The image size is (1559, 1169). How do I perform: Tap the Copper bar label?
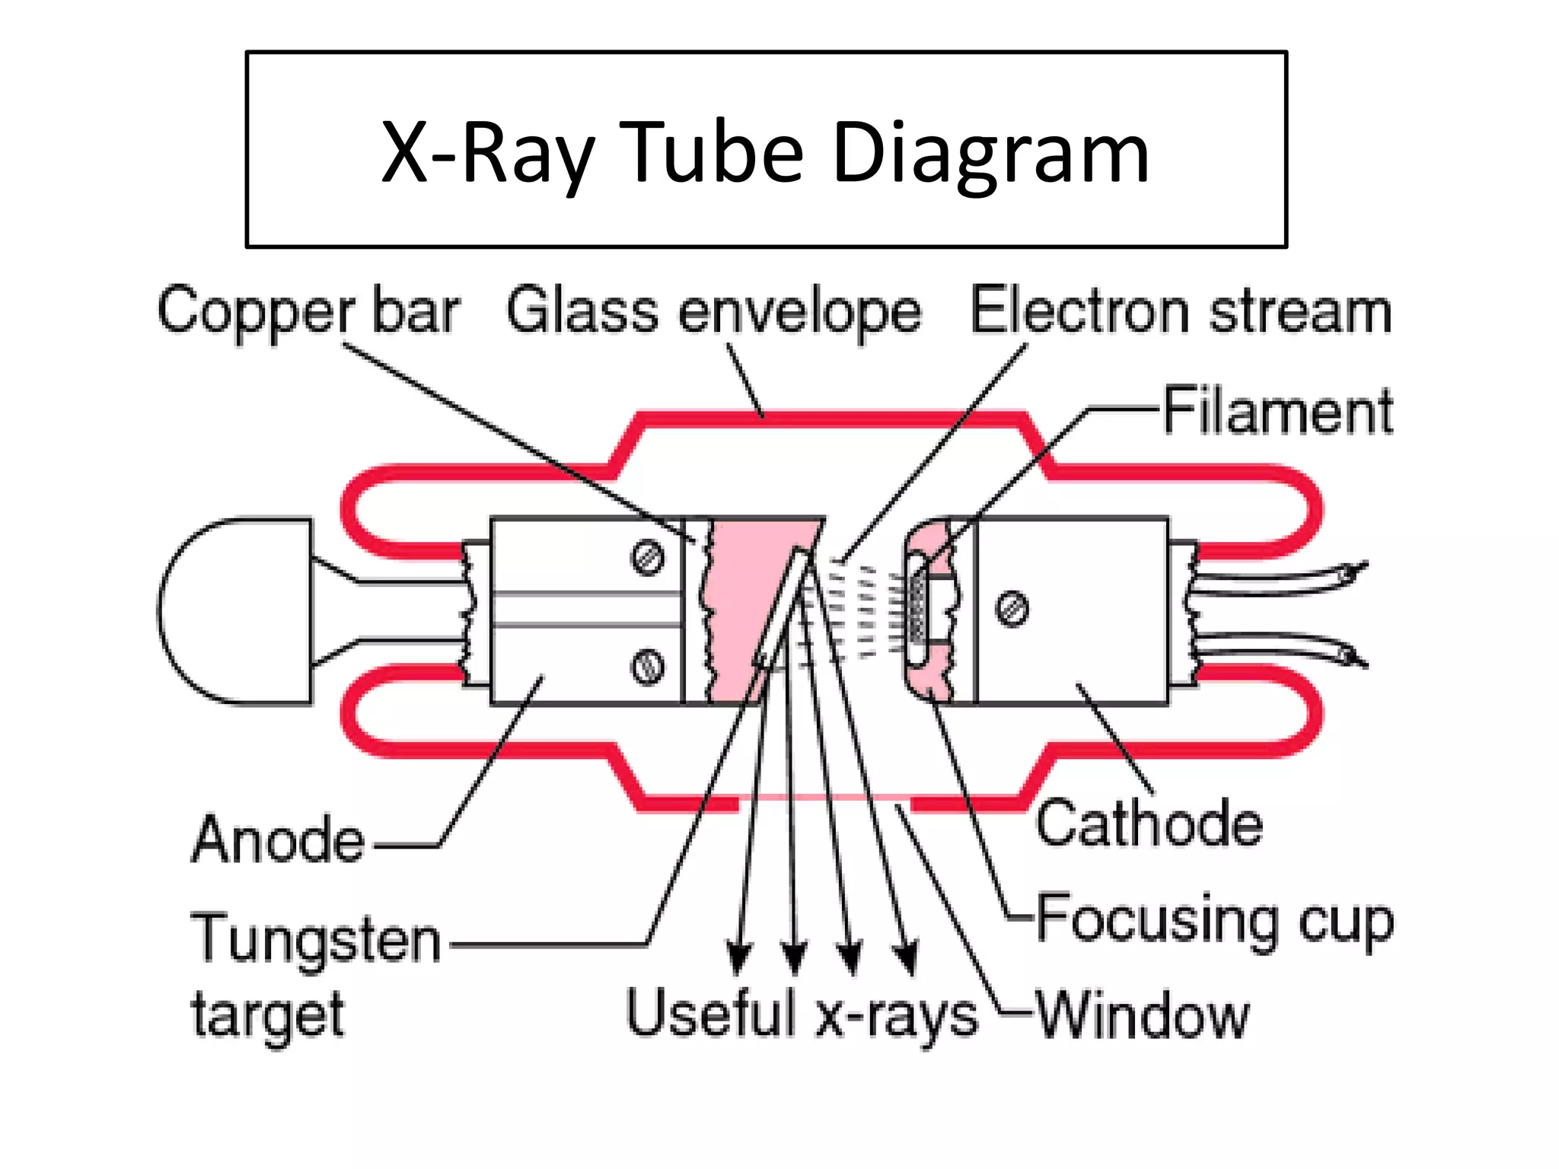tap(308, 312)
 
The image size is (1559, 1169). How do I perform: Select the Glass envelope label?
tap(714, 312)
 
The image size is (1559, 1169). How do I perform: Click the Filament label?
tap(1278, 412)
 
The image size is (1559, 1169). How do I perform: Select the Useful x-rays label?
tap(802, 1015)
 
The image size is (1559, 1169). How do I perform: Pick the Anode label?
tap(279, 840)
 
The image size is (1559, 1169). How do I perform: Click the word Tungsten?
tap(316, 939)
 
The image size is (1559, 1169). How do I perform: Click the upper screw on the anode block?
tap(648, 558)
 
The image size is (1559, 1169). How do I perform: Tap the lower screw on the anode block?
tap(648, 667)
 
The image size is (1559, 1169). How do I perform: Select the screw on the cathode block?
tap(1012, 609)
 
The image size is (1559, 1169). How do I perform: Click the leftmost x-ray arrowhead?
tap(738, 959)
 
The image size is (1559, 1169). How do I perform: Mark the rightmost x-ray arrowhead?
tap(906, 959)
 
